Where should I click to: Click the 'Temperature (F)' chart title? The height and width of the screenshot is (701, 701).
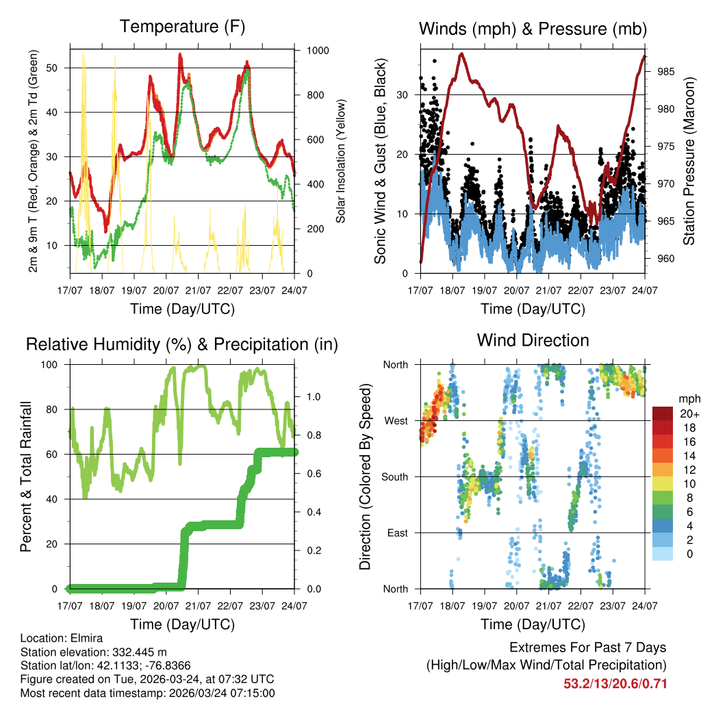[x=182, y=27]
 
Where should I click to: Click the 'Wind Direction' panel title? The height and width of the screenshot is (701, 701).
[x=533, y=340]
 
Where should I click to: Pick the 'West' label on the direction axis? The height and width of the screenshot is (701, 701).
[x=395, y=420]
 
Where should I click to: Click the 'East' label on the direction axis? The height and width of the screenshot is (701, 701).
[x=396, y=533]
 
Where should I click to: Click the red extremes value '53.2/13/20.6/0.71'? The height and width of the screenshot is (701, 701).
[x=615, y=684]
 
